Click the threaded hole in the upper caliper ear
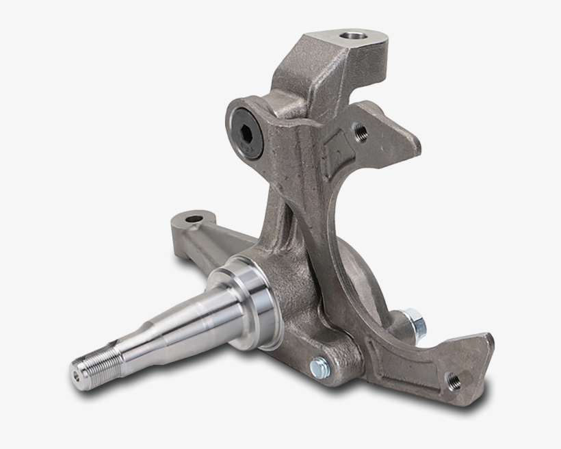360,130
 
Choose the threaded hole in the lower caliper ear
453,377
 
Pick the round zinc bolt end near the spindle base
318,366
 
